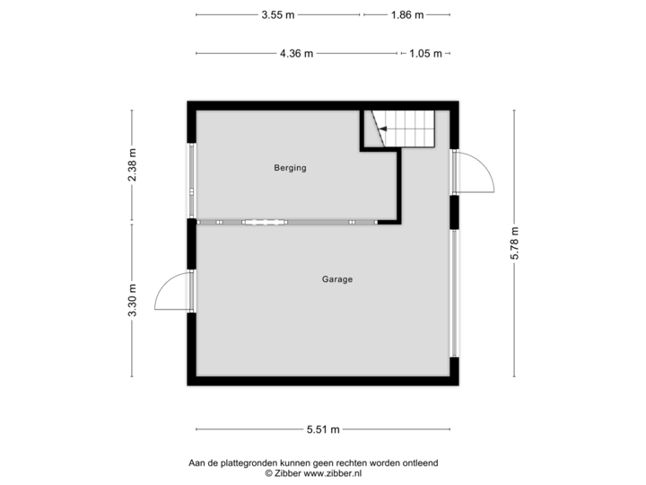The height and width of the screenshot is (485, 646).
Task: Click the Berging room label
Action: (x=291, y=168)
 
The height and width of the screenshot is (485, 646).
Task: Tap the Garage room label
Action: (x=337, y=279)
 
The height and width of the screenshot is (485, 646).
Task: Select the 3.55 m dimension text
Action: (x=278, y=15)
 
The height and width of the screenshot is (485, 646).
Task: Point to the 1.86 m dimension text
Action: (x=406, y=15)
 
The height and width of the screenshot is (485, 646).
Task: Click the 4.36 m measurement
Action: (x=297, y=53)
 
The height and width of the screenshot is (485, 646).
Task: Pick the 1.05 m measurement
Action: (x=425, y=53)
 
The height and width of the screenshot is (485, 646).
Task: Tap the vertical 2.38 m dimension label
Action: (x=133, y=165)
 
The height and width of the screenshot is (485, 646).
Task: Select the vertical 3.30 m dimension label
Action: (x=133, y=300)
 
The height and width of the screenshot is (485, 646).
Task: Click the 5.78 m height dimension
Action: (x=514, y=243)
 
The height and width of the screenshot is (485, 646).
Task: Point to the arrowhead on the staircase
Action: (x=381, y=131)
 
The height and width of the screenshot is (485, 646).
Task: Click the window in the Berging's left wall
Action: (x=190, y=180)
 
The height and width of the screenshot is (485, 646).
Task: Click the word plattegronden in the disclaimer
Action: (x=250, y=463)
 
